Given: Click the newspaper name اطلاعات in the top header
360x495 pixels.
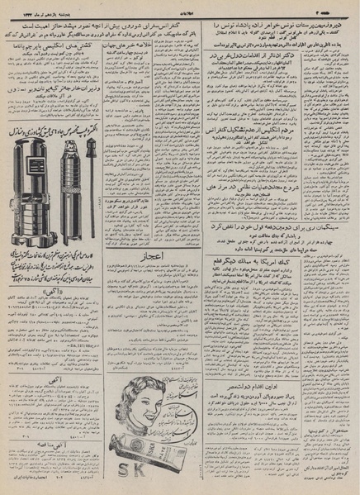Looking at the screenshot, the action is [180, 7].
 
